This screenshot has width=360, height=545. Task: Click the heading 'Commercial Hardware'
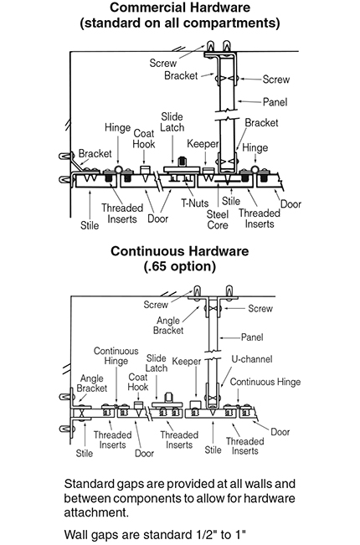click(180, 8)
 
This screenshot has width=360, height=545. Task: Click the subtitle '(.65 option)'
click(180, 266)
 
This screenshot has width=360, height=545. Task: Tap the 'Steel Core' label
click(218, 219)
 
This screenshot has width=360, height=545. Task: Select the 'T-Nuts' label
click(194, 203)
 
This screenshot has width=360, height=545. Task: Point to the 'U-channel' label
click(252, 359)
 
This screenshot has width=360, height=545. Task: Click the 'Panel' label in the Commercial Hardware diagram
click(275, 102)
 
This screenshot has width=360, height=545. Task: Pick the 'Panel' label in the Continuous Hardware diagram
click(252, 337)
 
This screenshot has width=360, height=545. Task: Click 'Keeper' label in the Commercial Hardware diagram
click(203, 143)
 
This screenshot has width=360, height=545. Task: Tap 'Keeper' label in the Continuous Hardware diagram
click(187, 362)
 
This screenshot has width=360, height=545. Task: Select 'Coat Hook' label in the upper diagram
click(143, 139)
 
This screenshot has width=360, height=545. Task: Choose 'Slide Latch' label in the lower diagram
click(157, 363)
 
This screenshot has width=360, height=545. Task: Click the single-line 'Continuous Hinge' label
click(265, 382)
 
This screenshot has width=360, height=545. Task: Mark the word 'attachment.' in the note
click(96, 512)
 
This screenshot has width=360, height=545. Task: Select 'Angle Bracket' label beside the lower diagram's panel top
click(168, 326)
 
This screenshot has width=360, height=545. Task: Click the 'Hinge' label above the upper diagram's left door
click(117, 128)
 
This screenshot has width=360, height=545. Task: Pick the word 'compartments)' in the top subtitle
click(231, 23)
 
